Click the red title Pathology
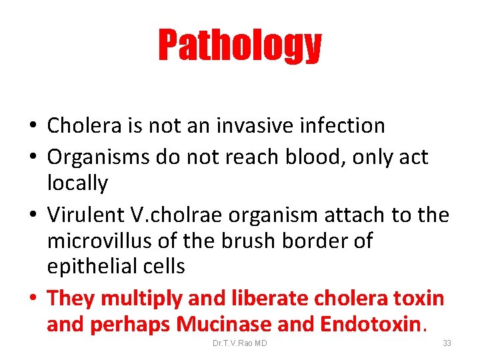239,45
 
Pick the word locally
77,183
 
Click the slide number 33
447,343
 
